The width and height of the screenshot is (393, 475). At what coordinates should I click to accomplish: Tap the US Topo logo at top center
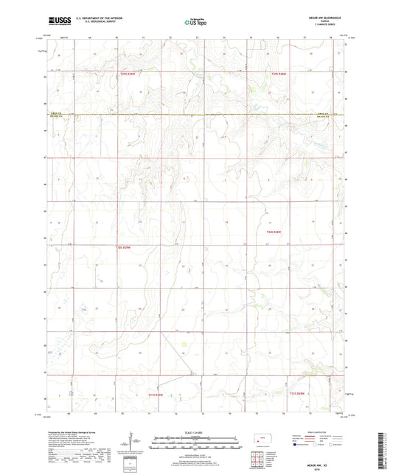click(195, 23)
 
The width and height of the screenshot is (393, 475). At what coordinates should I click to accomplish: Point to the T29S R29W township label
click(128, 74)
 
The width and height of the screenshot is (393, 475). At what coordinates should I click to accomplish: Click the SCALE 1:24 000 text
click(195, 431)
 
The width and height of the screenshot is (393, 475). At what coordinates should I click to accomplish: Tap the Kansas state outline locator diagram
click(265, 440)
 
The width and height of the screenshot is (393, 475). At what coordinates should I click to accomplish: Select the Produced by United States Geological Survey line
click(74, 431)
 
